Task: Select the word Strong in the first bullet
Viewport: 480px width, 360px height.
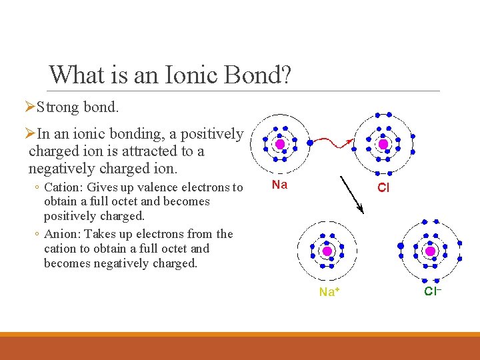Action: [x=58, y=107]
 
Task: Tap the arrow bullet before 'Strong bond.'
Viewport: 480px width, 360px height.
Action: [x=29, y=107]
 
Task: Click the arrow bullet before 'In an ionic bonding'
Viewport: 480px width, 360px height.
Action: [x=29, y=134]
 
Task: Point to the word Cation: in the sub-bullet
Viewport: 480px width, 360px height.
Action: [x=62, y=187]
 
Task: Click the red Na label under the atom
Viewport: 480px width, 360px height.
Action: [x=279, y=185]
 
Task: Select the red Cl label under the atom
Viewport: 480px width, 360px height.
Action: [x=383, y=188]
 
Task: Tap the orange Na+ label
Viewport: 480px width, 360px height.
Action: [x=327, y=292]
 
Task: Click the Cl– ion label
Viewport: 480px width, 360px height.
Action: [x=433, y=291]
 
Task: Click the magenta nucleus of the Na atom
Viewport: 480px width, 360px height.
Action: [x=280, y=144]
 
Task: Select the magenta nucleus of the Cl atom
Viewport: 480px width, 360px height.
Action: [x=383, y=144]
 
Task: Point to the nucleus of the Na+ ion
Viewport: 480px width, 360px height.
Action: [x=327, y=251]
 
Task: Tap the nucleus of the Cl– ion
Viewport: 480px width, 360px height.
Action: [x=431, y=251]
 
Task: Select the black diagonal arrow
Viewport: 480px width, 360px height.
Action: [x=351, y=194]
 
